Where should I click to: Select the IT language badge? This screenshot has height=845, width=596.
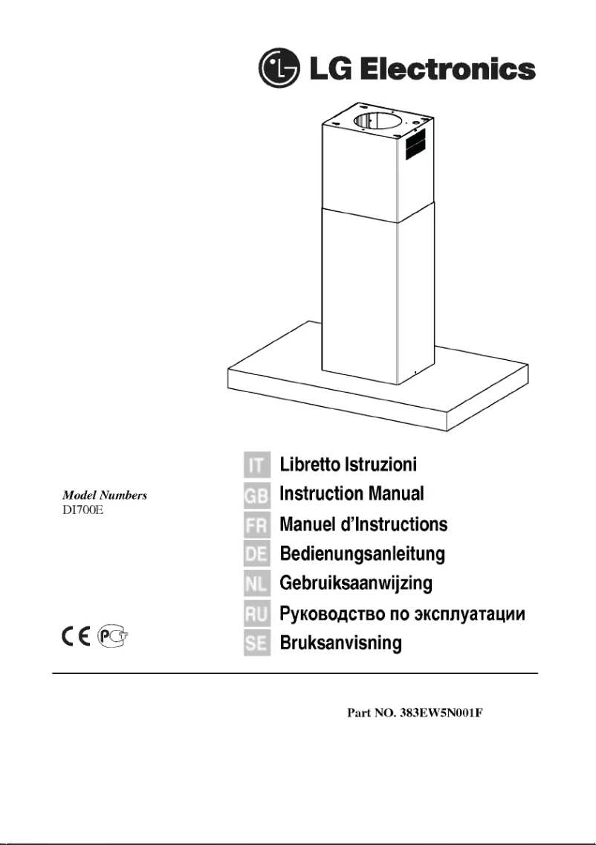click(255, 466)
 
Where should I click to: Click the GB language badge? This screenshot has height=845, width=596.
click(255, 495)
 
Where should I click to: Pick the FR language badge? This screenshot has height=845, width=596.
click(255, 525)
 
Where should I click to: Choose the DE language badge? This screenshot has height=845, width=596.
click(255, 555)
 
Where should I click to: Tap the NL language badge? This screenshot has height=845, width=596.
click(255, 583)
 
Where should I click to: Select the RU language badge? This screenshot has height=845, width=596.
click(255, 614)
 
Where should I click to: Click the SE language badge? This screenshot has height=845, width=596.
click(255, 643)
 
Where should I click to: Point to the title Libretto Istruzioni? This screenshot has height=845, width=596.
click(348, 465)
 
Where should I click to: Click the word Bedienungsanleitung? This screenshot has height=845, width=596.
click(362, 554)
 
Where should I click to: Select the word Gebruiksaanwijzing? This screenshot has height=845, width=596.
click(356, 583)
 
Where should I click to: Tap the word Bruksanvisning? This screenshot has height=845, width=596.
click(340, 643)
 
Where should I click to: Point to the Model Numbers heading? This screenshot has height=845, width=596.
click(105, 495)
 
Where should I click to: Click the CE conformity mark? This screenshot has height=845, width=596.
click(74, 637)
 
